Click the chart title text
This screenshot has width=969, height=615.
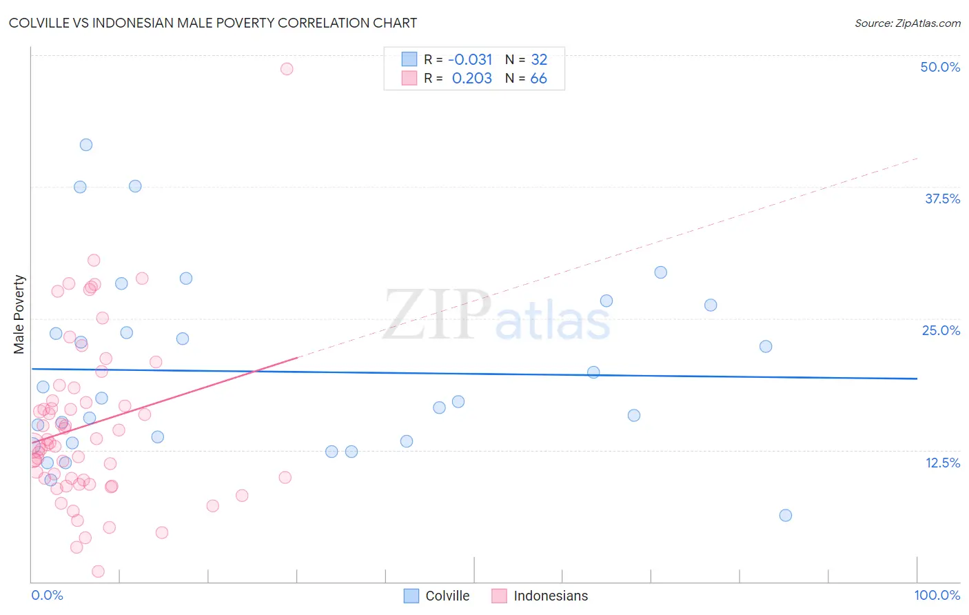click(x=213, y=23)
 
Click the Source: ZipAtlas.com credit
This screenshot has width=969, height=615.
click(x=907, y=23)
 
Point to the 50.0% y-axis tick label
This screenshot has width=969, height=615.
click(x=940, y=67)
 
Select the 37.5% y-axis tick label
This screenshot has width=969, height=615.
click(x=942, y=199)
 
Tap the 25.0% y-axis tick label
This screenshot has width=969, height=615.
click(x=941, y=330)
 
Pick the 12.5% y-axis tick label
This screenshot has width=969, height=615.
click(x=942, y=462)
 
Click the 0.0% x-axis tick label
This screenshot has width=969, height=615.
click(x=47, y=595)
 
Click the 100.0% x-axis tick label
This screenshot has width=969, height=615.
click(x=937, y=595)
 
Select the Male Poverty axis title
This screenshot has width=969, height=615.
click(x=19, y=314)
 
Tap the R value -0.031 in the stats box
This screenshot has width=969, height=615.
click(x=470, y=59)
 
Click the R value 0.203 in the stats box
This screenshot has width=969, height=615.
click(x=471, y=78)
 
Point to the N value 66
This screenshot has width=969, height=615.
click(x=538, y=78)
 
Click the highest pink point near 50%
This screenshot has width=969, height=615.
click(x=287, y=69)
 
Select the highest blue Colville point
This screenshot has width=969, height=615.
click(x=86, y=145)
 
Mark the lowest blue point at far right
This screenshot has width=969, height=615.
click(x=785, y=515)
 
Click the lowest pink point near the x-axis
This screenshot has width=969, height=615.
click(x=98, y=571)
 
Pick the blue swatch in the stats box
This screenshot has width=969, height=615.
click(x=409, y=59)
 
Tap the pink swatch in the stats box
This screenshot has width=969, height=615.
click(x=409, y=78)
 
